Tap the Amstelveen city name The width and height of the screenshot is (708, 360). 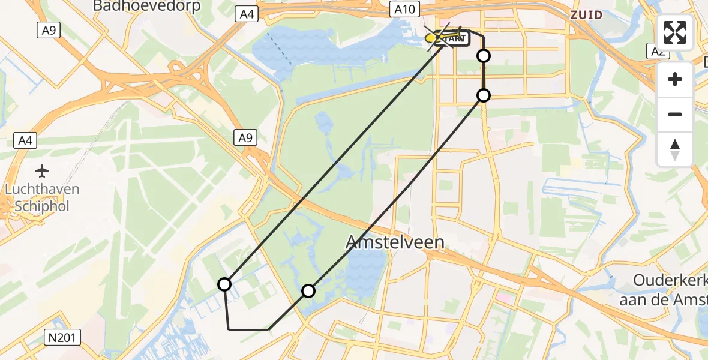(x=396, y=242)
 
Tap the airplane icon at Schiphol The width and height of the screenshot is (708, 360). (x=42, y=172)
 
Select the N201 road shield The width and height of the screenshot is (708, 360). (x=62, y=338)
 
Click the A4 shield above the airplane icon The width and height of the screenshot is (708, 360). (x=26, y=141)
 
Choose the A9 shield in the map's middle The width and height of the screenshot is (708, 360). (x=246, y=138)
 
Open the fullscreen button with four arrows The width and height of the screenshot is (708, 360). (x=675, y=32)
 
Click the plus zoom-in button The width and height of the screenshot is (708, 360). (x=675, y=80)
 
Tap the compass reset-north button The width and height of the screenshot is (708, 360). (x=675, y=149)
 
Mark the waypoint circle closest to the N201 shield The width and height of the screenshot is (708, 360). (x=224, y=284)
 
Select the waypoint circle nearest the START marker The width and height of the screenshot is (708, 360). (x=483, y=56)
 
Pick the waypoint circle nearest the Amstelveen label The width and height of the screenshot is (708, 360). (x=308, y=291)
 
